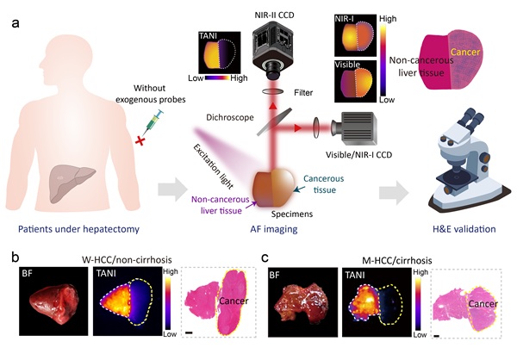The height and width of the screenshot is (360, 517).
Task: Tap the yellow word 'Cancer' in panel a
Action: point(452,54)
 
